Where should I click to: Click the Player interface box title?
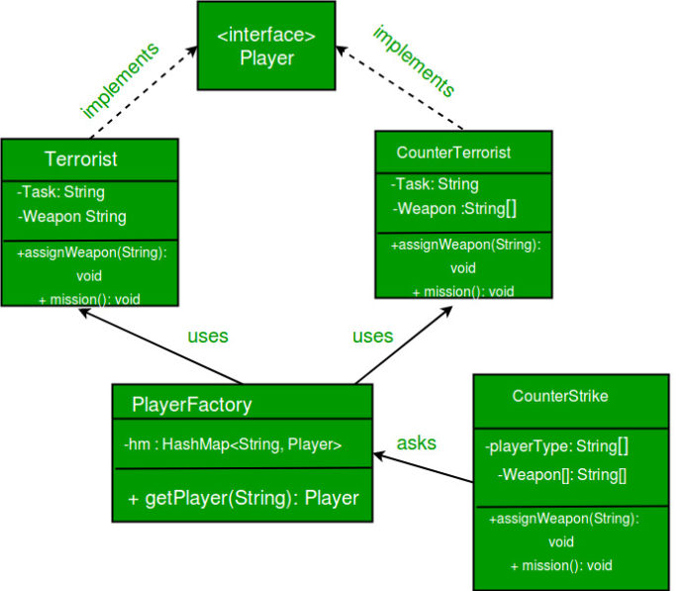pos(266,48)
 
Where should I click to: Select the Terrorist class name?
pos(80,159)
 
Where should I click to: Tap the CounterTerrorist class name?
pos(453,152)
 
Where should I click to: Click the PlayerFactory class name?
pos(192,404)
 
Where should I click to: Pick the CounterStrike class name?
pos(559,396)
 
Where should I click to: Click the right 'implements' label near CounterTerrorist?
pos(414,62)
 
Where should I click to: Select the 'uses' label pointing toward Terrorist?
pos(208,336)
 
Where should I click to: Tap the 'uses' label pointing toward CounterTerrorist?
pos(372,336)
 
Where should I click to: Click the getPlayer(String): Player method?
pos(243,498)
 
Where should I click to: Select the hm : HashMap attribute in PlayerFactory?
pos(233,445)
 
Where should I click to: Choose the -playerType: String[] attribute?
pos(557,445)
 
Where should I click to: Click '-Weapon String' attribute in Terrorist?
pos(71,216)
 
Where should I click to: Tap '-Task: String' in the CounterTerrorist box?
pos(435,184)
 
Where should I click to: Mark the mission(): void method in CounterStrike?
pos(560,565)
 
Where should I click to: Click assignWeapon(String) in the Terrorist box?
pos(91,253)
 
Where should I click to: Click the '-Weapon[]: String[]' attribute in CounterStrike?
pos(561,475)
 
